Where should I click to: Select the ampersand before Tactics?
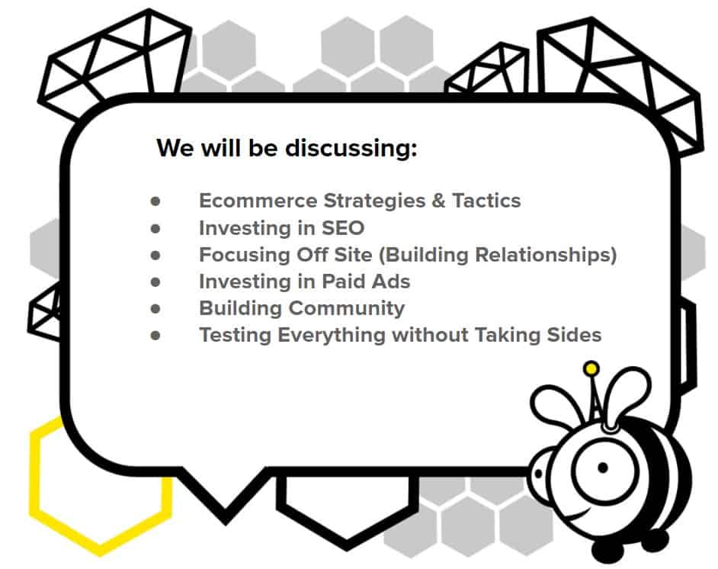(438, 201)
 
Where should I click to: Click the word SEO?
(343, 228)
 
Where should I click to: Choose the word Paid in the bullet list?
(344, 281)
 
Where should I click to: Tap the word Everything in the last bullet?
(332, 336)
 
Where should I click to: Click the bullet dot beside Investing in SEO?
(155, 228)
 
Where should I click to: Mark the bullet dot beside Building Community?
(155, 309)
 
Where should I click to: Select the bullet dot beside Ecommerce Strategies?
(155, 201)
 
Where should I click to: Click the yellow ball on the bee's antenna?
(591, 368)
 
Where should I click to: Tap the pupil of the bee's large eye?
(603, 468)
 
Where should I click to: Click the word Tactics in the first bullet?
(486, 201)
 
